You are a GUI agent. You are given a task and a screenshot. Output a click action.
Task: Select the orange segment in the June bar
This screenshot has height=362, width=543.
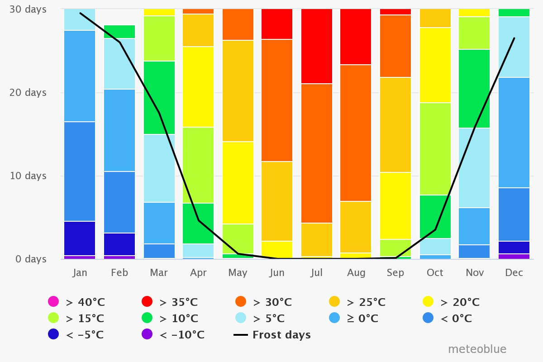click(277, 100)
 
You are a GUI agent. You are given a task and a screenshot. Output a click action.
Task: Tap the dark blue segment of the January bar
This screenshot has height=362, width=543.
click(80, 238)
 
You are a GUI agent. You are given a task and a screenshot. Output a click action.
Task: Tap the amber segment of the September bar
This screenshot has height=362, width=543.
click(395, 124)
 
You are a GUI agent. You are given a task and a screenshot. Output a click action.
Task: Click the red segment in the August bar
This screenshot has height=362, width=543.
click(356, 37)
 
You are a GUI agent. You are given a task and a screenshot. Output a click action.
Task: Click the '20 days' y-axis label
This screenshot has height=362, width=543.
click(29, 92)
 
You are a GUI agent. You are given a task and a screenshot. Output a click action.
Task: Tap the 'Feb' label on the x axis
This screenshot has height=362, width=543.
click(119, 272)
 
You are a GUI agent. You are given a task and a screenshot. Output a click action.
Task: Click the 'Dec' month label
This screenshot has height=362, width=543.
click(514, 272)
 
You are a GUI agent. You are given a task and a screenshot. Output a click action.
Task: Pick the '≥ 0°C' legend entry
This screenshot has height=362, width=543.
click(357, 319)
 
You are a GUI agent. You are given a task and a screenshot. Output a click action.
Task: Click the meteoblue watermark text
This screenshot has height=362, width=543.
click(477, 349)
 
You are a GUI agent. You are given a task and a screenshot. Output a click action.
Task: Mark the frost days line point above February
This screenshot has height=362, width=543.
click(119, 43)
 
